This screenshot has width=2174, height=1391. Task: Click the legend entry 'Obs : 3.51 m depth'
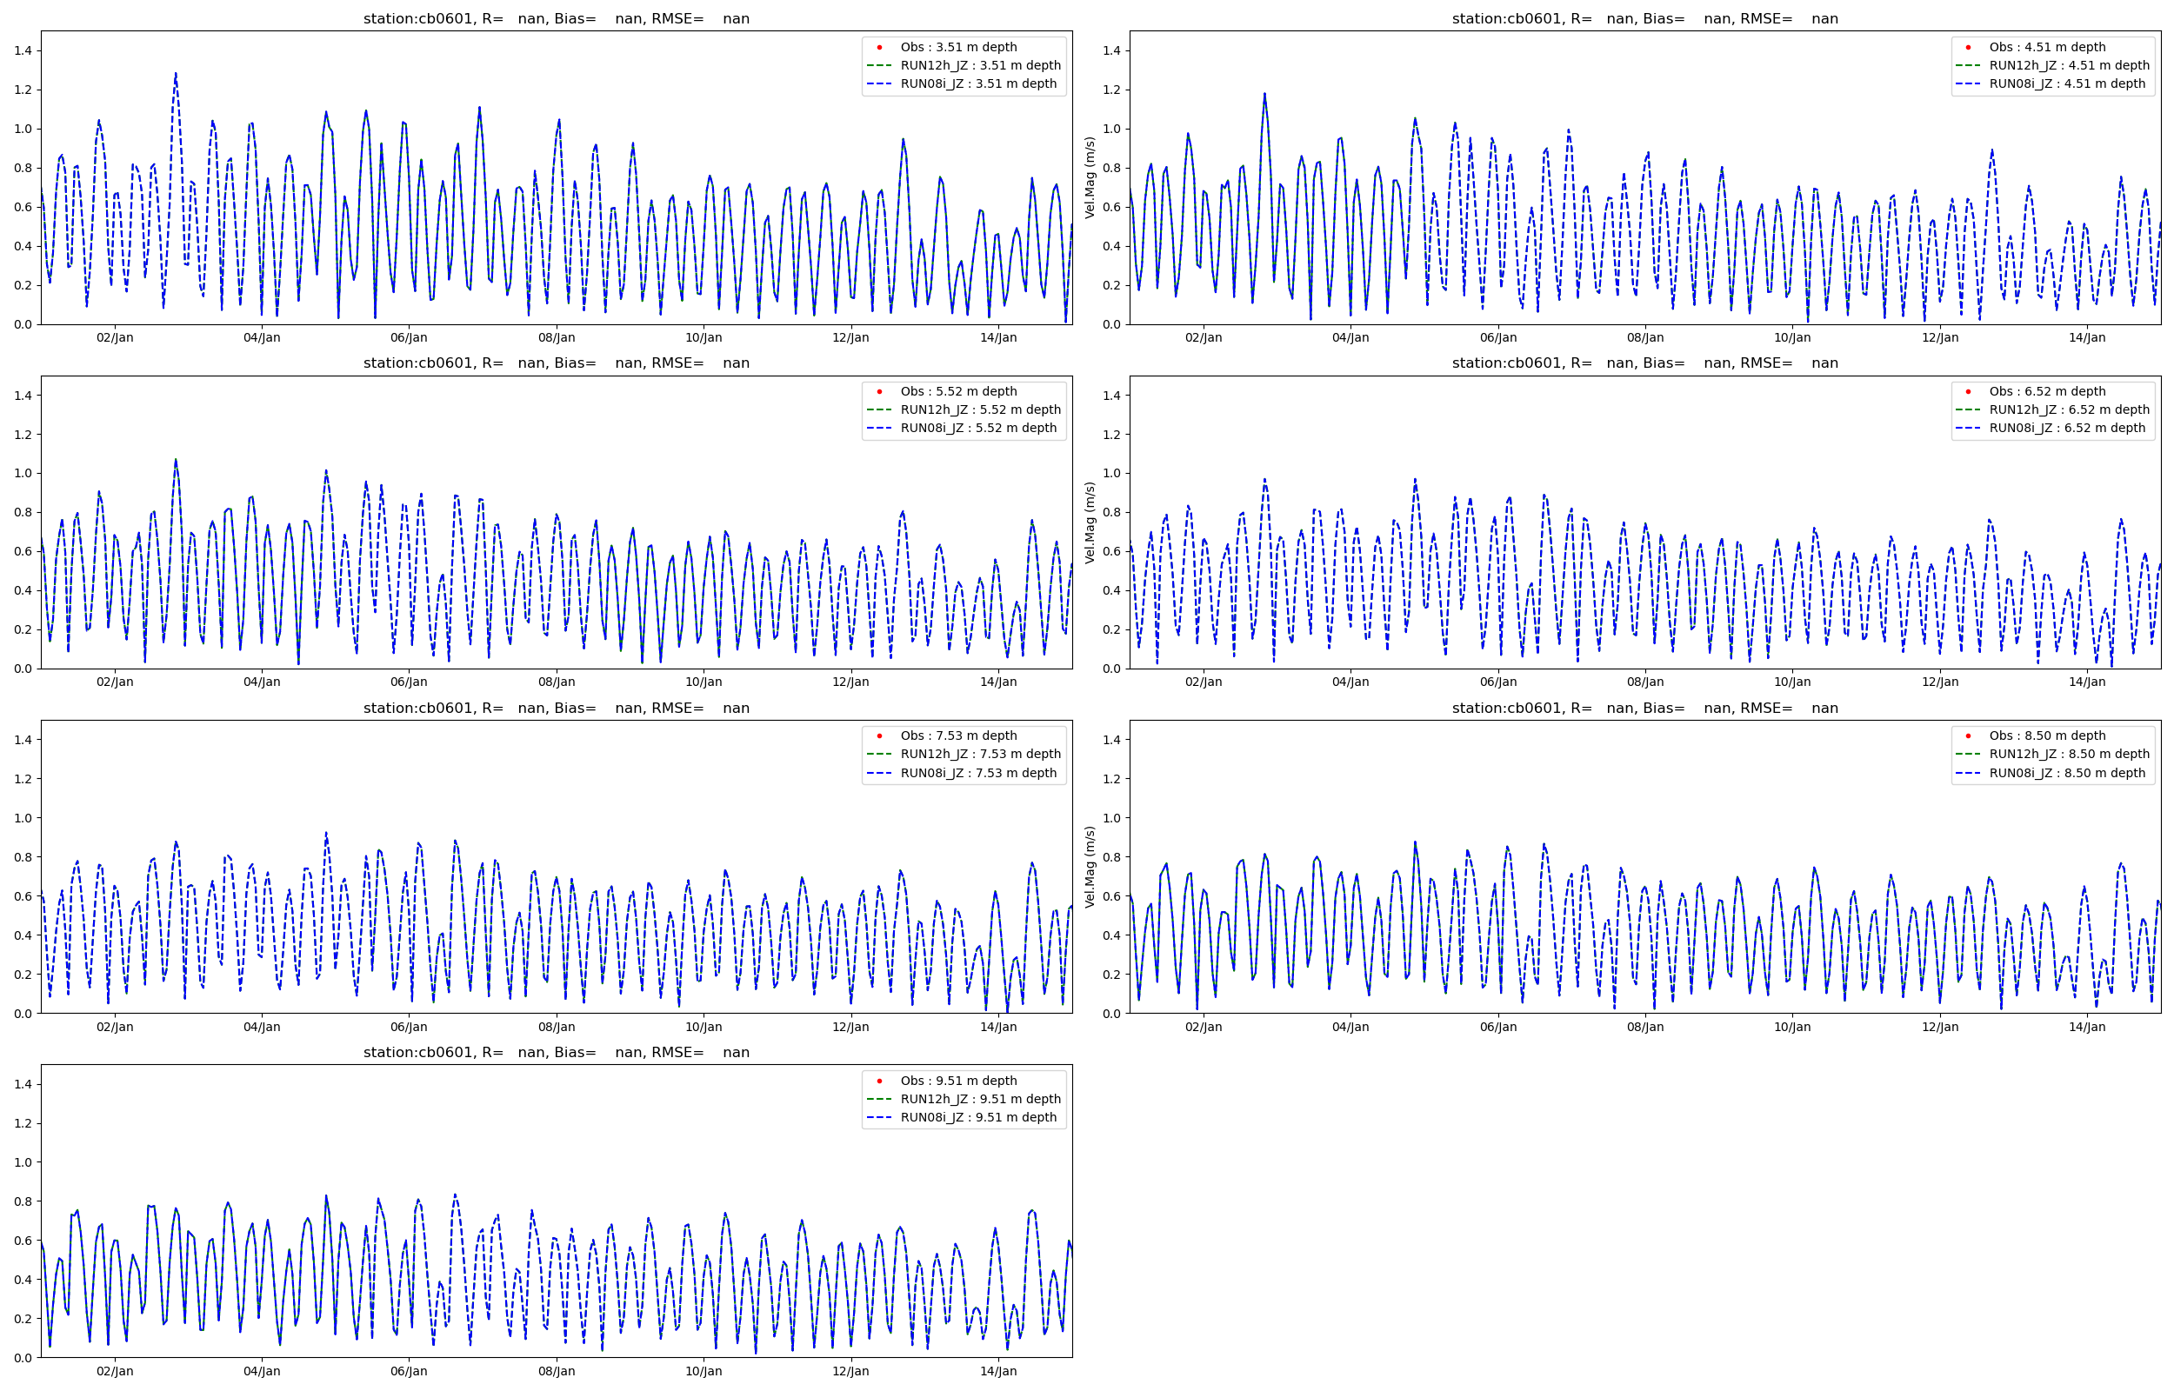[x=957, y=47]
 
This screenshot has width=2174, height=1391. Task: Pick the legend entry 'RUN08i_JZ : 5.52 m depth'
[x=977, y=428]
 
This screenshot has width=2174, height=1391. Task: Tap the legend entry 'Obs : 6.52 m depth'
[x=2047, y=391]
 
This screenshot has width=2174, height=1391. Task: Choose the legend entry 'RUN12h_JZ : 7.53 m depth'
[x=980, y=755]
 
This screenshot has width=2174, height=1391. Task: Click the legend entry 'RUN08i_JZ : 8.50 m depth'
[x=2066, y=773]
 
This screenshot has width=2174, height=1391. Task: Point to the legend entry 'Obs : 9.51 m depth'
[x=957, y=1082]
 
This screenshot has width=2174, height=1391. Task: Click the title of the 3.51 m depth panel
[x=556, y=19]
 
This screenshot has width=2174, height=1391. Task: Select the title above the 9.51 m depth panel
[x=556, y=1052]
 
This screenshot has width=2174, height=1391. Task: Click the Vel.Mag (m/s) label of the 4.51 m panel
[x=1090, y=178]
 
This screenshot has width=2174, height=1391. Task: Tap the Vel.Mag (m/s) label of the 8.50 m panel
[x=1090, y=867]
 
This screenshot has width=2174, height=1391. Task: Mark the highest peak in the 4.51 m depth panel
[x=1264, y=93]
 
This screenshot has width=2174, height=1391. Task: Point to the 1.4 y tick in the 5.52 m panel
[x=23, y=396]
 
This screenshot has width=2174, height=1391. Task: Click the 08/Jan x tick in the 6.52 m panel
[x=1644, y=682]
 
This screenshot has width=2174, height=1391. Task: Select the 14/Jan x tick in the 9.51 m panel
[x=998, y=1372]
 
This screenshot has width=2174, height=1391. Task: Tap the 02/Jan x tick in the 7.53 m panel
[x=115, y=1027]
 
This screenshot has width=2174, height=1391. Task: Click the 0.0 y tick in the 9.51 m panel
[x=23, y=1358]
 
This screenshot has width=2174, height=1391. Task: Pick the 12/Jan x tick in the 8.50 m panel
[x=1939, y=1027]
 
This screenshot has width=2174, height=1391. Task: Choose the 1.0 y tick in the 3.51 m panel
[x=23, y=130]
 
